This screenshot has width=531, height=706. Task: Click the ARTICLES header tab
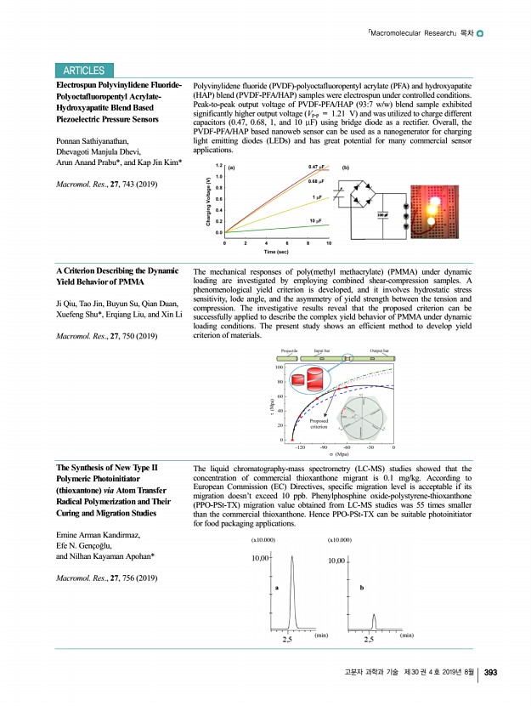pyautogui.click(x=83, y=71)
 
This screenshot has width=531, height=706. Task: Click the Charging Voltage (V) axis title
pyautogui.click(x=207, y=201)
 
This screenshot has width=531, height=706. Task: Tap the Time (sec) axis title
pyautogui.click(x=276, y=252)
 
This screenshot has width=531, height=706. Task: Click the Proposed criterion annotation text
pyautogui.click(x=319, y=424)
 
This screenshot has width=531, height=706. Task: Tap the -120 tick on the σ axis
pyautogui.click(x=299, y=446)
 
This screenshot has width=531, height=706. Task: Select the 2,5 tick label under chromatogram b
pyautogui.click(x=370, y=640)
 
